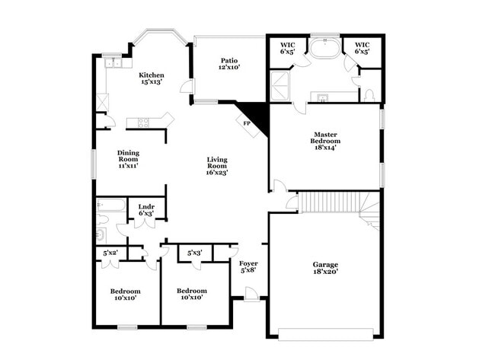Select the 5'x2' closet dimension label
111,253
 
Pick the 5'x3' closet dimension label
194,253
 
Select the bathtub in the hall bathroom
111,205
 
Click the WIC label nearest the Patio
287,49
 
